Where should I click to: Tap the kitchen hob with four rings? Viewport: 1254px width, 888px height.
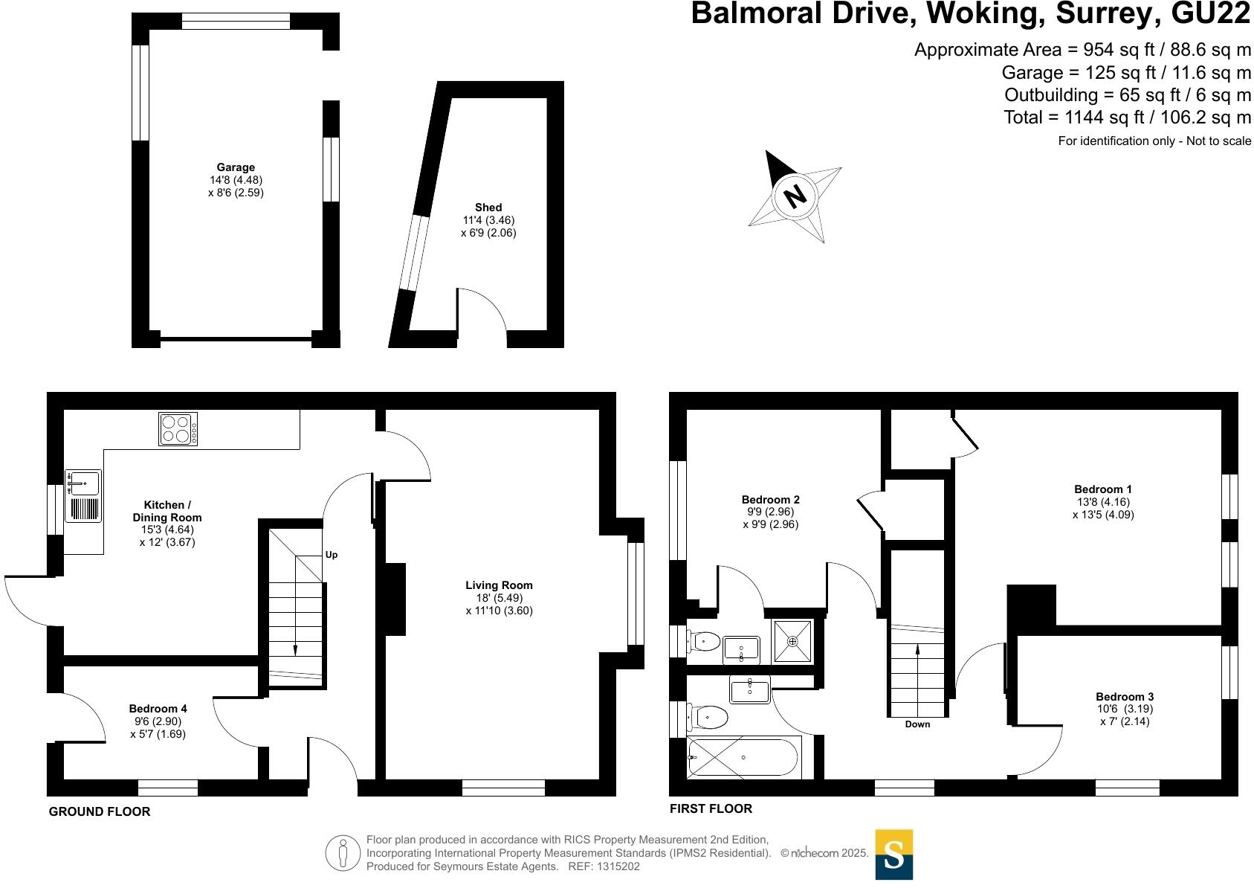pyautogui.click(x=178, y=428)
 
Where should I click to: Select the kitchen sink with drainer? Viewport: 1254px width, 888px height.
pyautogui.click(x=83, y=496)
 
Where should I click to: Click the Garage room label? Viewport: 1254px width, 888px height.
pyautogui.click(x=236, y=167)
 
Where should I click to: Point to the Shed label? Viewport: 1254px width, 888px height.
pyautogui.click(x=488, y=207)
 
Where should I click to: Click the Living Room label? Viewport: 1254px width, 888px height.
pyautogui.click(x=499, y=585)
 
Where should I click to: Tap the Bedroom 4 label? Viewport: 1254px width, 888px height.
pyautogui.click(x=158, y=709)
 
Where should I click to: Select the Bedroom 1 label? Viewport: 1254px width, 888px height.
pyautogui.click(x=1103, y=489)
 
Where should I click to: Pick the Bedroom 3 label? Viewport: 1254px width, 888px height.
pyautogui.click(x=1125, y=697)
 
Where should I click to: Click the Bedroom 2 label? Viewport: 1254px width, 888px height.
pyautogui.click(x=771, y=500)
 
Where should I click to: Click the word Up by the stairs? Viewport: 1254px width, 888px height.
pyautogui.click(x=332, y=555)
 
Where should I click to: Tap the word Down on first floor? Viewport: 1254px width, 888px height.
pyautogui.click(x=917, y=724)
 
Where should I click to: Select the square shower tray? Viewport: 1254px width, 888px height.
pyautogui.click(x=792, y=640)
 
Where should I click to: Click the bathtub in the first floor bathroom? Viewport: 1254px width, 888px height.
pyautogui.click(x=743, y=758)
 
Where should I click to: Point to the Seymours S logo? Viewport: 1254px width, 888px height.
pyautogui.click(x=893, y=855)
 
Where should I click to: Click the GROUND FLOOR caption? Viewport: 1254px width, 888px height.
pyautogui.click(x=100, y=811)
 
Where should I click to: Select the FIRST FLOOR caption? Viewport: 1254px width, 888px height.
pyautogui.click(x=711, y=808)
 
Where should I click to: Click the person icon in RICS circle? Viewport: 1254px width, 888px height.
pyautogui.click(x=343, y=853)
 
